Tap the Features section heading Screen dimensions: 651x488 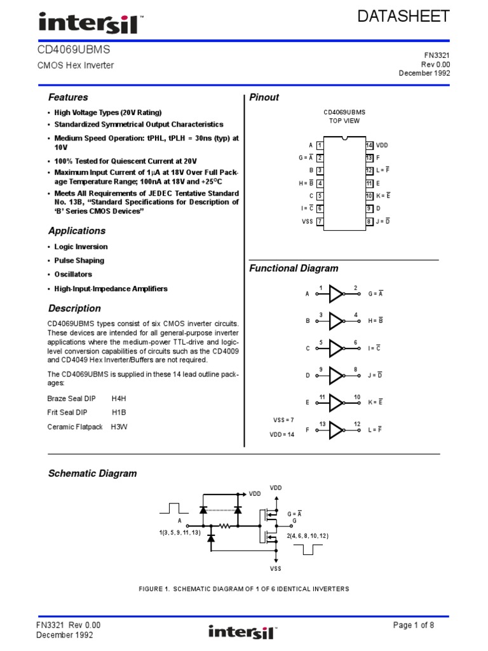click(x=68, y=97)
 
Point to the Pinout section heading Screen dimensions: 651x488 click(x=264, y=97)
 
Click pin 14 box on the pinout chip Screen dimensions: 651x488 click(x=369, y=145)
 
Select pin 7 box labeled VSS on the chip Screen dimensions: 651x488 click(x=320, y=221)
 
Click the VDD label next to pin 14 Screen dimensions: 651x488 click(x=382, y=145)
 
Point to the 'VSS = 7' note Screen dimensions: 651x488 click(x=283, y=420)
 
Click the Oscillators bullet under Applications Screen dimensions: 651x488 click(x=73, y=275)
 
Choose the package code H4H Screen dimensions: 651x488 click(x=119, y=399)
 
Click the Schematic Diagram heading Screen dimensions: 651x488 click(x=93, y=474)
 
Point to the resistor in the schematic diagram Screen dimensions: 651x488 click(x=224, y=526)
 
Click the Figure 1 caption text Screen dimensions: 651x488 click(x=244, y=589)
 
